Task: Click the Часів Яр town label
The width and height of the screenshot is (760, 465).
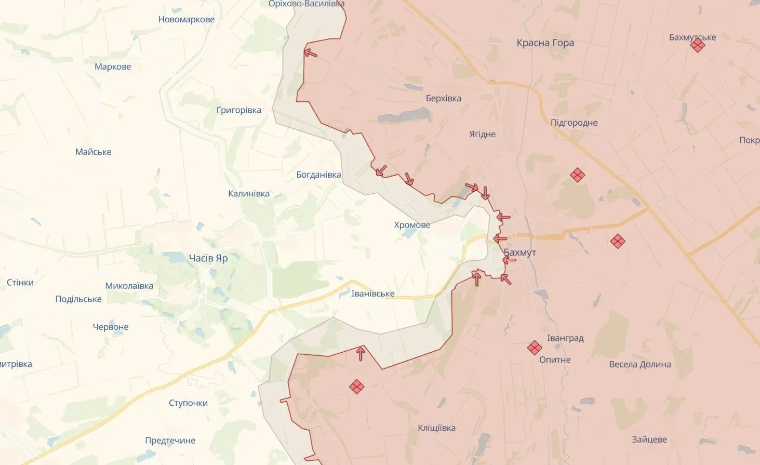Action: click(x=208, y=258)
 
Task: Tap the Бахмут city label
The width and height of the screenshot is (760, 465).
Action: click(x=520, y=253)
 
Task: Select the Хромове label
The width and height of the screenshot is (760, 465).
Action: click(x=412, y=225)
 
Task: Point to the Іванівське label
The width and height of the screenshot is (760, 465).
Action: click(x=372, y=294)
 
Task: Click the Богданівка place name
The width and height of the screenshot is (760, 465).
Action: click(x=318, y=175)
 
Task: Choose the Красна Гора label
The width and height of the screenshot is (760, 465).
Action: click(x=545, y=43)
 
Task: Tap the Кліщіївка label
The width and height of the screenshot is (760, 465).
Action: click(x=436, y=428)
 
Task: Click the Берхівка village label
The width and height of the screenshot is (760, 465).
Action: click(x=443, y=98)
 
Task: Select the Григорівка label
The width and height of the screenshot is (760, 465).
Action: click(x=238, y=110)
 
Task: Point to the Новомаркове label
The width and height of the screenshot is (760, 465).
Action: click(x=186, y=20)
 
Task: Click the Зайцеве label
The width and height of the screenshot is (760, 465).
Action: click(x=649, y=440)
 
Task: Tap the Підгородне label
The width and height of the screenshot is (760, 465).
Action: click(x=574, y=123)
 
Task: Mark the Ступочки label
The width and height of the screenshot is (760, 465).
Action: click(x=188, y=403)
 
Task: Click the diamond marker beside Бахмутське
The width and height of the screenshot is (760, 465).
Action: click(x=697, y=46)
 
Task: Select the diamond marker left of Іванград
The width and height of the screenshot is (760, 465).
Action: click(x=534, y=348)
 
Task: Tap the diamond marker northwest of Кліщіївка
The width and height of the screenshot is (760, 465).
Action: click(x=356, y=387)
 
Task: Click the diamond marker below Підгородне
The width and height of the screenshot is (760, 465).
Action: click(x=577, y=175)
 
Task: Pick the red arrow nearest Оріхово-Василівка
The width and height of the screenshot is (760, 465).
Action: click(x=310, y=52)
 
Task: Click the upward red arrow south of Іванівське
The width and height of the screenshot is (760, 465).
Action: click(x=361, y=354)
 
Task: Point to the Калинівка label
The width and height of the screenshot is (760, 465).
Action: click(x=248, y=194)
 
